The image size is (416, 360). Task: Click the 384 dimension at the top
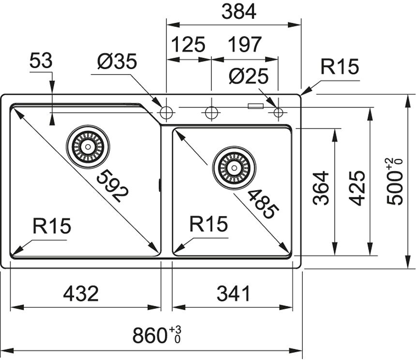pyautogui.click(x=238, y=12)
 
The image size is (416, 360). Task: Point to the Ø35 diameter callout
pyautogui.click(x=117, y=62)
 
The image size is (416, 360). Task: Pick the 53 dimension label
pyautogui.click(x=41, y=61)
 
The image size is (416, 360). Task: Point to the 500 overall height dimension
pyautogui.click(x=395, y=181)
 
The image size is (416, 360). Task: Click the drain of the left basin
pyautogui.click(x=88, y=145)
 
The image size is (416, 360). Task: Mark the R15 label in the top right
pyautogui.click(x=340, y=68)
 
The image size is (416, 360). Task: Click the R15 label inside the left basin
pyautogui.click(x=52, y=226)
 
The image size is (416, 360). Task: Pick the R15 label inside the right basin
pyautogui.click(x=208, y=225)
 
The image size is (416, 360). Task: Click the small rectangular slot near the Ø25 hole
pyautogui.click(x=255, y=105)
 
